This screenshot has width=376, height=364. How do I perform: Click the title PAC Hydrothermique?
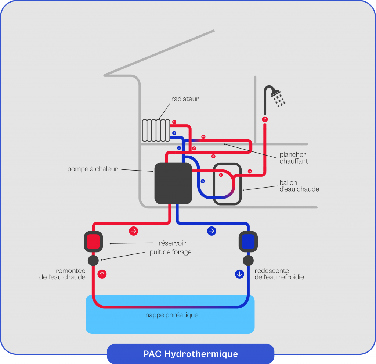[190, 354]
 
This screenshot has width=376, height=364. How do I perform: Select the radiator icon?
[156, 130]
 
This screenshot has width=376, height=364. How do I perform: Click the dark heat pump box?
[173, 183]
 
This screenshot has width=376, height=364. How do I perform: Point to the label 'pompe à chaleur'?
[93, 169]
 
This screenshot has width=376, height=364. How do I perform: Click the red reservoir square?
[93, 242]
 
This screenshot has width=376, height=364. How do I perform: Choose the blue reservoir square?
[248, 242]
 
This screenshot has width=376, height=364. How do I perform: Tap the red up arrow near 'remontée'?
[102, 274]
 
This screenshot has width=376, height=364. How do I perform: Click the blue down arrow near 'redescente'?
[239, 274]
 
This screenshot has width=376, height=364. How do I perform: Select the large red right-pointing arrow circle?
[134, 231]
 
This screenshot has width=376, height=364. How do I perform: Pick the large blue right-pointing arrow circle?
[211, 231]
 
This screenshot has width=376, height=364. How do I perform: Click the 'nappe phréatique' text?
[171, 315]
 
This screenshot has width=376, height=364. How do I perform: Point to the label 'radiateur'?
[185, 99]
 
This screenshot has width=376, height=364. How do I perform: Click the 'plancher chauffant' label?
[294, 158]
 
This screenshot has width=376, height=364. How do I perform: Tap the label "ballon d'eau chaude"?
[299, 186]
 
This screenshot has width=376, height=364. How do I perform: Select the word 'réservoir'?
[172, 243]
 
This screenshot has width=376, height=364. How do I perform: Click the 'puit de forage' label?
[170, 252]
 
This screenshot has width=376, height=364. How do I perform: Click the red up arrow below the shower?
[265, 119]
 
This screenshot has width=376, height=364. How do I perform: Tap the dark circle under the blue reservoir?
[248, 261]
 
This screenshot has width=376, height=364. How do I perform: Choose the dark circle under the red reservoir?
[93, 261]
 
